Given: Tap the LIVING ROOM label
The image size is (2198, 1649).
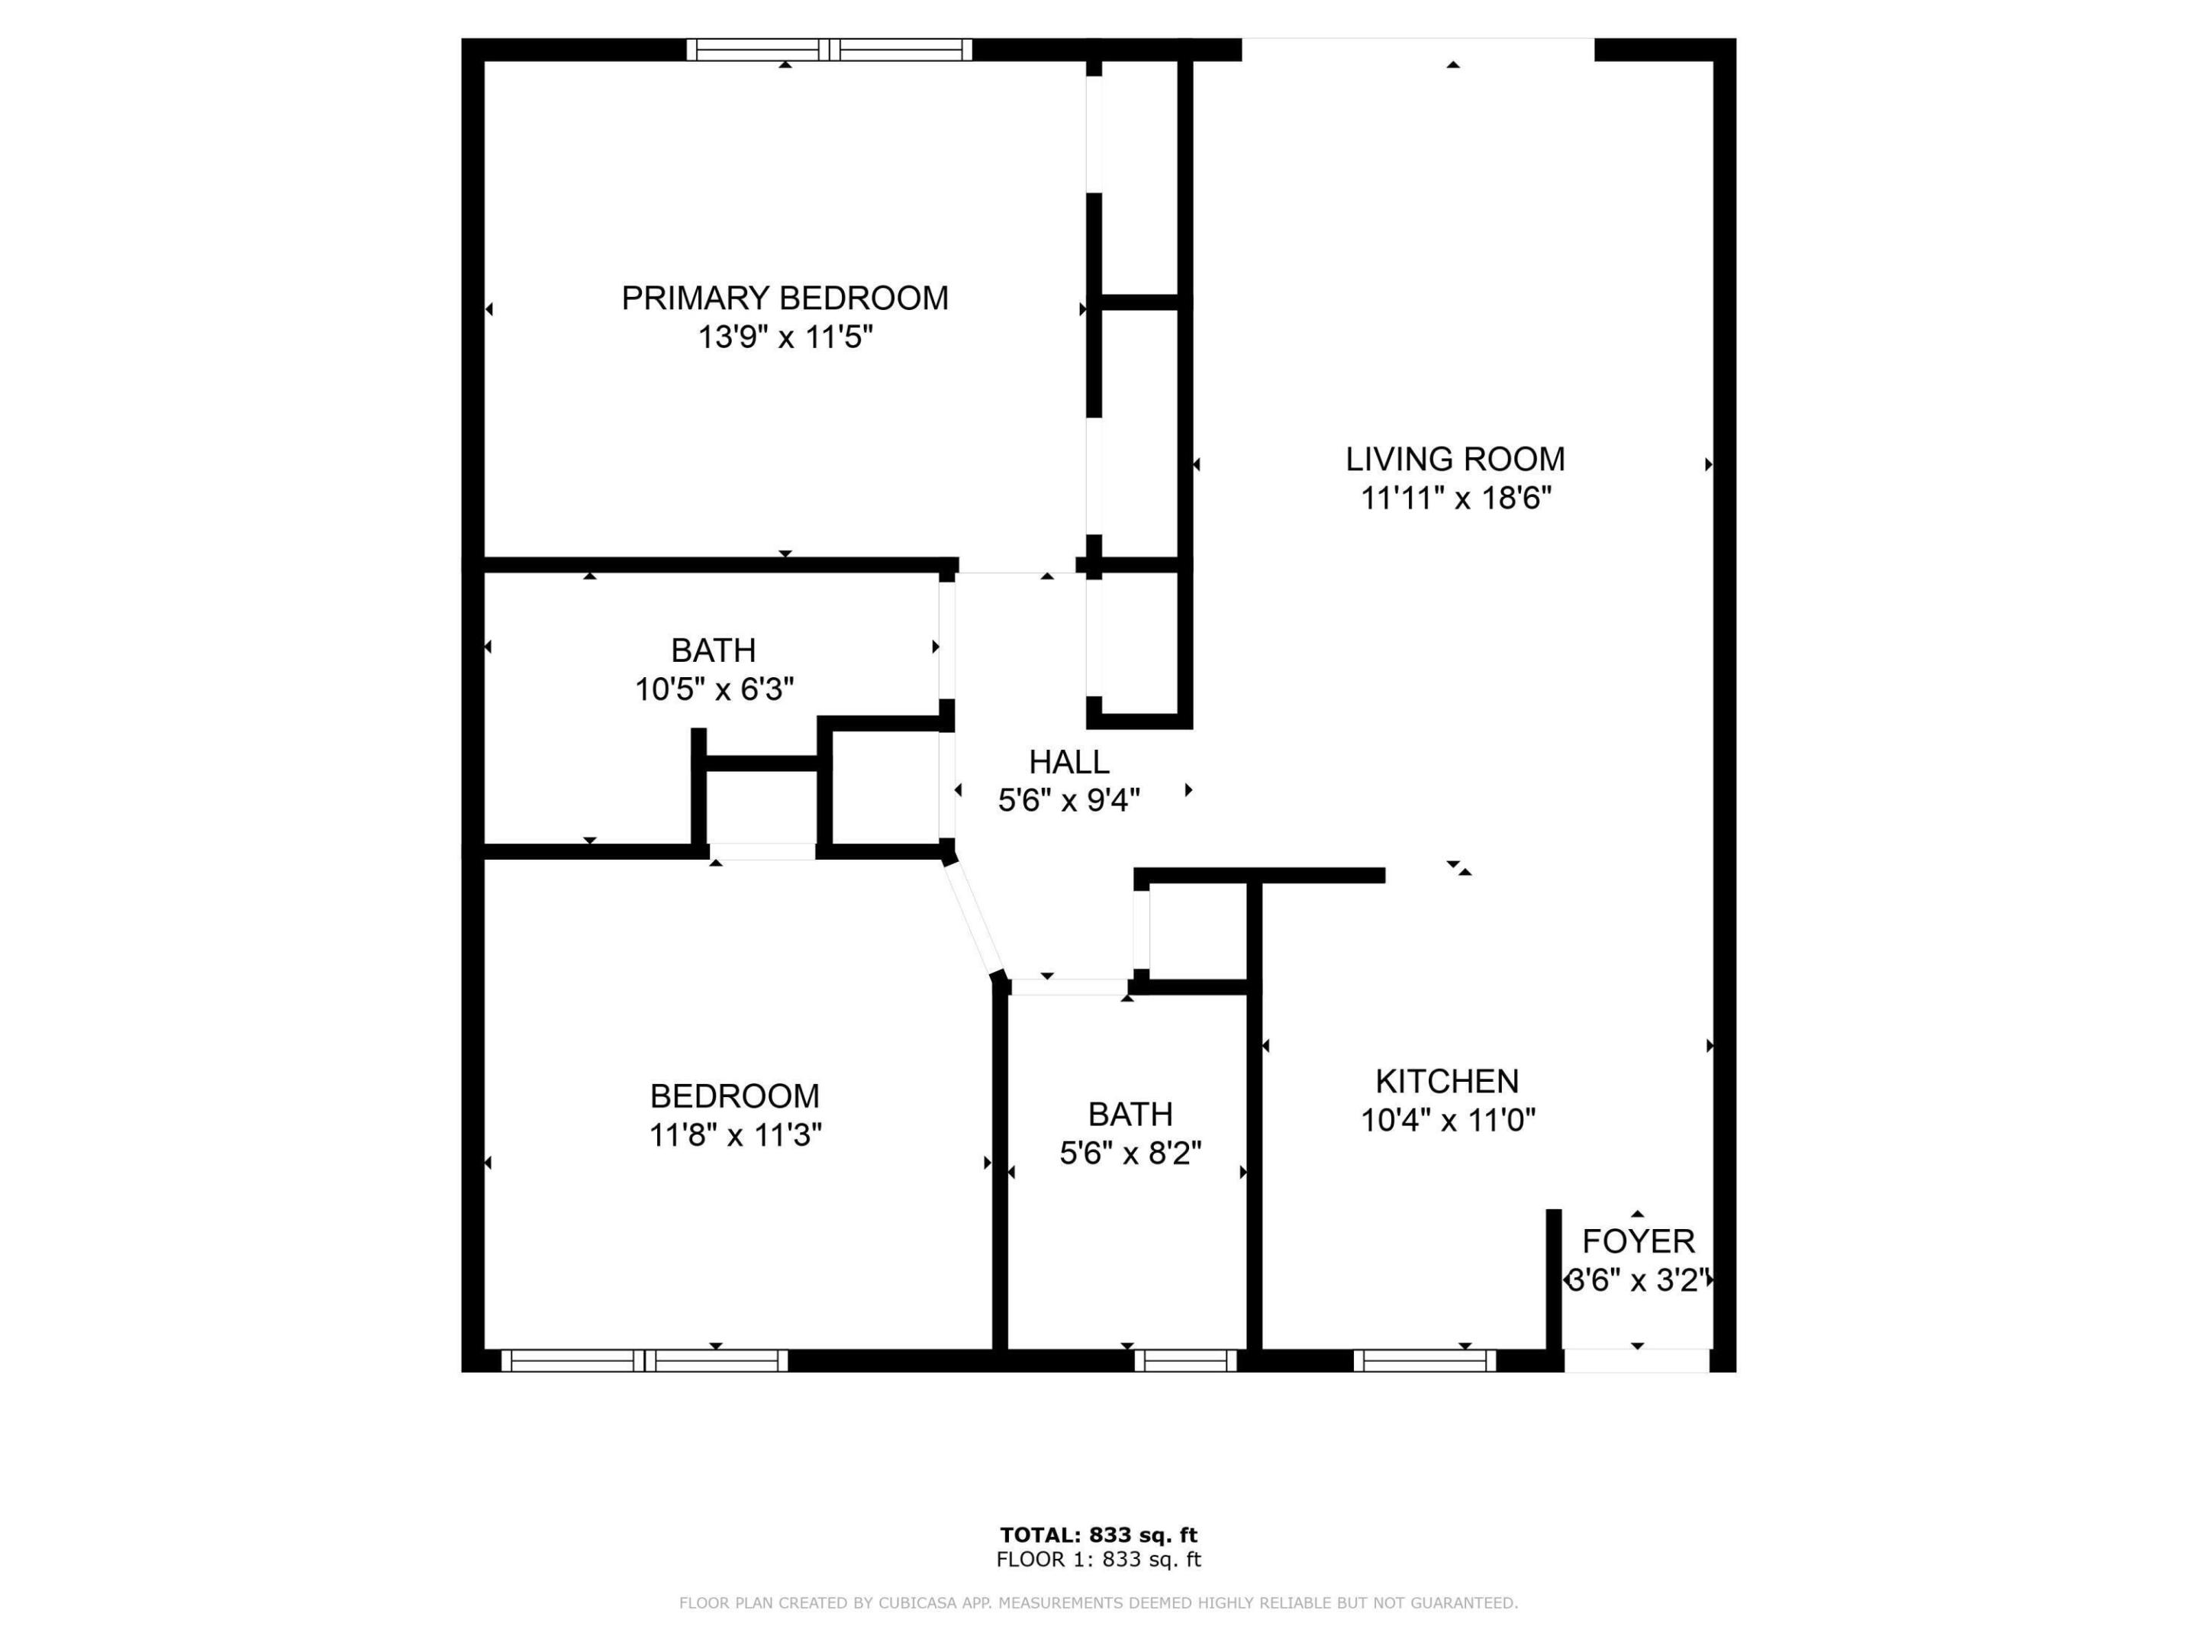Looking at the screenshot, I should (x=1455, y=460).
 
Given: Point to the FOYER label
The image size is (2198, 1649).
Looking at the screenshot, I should (x=1638, y=1241).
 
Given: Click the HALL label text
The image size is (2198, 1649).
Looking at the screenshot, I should (x=1068, y=763).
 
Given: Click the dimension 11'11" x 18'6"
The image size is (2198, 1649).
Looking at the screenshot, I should (x=1455, y=498).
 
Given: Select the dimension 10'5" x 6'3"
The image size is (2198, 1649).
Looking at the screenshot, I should (x=714, y=689).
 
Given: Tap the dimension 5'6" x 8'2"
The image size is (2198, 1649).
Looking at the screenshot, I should (x=1130, y=1153).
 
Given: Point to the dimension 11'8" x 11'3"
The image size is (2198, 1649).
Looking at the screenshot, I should (x=734, y=1135).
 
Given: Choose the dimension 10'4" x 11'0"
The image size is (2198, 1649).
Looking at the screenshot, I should (x=1447, y=1120).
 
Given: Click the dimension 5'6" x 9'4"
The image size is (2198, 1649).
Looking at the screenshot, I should (x=1068, y=800).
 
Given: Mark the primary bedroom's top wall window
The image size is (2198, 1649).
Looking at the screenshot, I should (x=829, y=50).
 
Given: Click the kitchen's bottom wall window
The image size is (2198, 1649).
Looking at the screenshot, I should (x=1424, y=1360).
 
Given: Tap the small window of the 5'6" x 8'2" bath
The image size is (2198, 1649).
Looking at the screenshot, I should (x=1185, y=1360).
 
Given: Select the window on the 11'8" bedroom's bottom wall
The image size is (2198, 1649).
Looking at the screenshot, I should (x=644, y=1360).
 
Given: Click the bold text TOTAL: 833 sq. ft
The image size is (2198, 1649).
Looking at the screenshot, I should (x=1098, y=1536).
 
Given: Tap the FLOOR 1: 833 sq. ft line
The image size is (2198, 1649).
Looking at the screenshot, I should (x=1098, y=1560).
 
